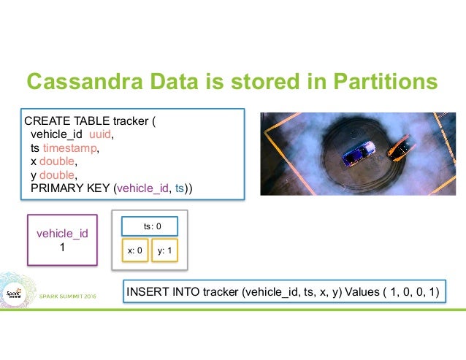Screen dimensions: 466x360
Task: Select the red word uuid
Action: (x=101, y=134)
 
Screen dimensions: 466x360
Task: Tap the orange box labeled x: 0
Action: (x=134, y=250)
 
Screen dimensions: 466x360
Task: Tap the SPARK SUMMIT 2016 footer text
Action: (x=72, y=296)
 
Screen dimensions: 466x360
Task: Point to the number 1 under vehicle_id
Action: (x=62, y=247)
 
